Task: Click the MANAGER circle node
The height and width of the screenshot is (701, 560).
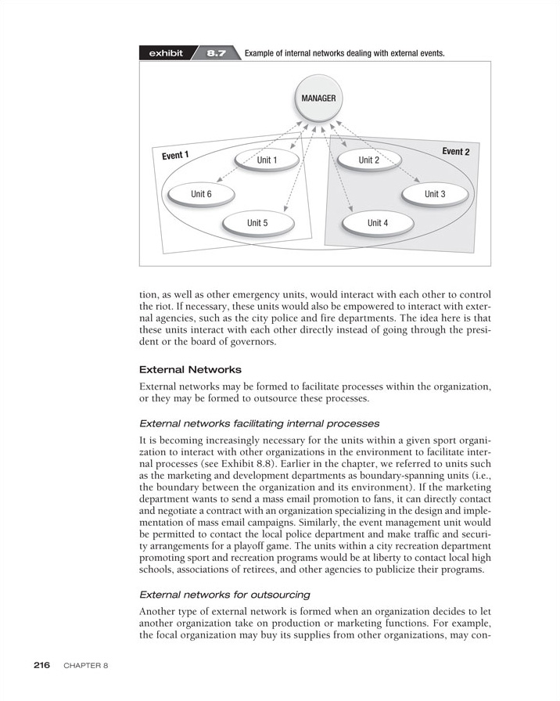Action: pyautogui.click(x=318, y=99)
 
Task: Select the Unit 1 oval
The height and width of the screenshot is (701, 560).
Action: pyautogui.click(x=267, y=160)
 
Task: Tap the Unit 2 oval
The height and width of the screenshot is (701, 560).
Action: pyautogui.click(x=369, y=160)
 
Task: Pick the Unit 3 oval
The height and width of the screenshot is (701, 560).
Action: pyautogui.click(x=435, y=193)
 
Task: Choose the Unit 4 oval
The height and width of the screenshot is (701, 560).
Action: pyautogui.click(x=378, y=223)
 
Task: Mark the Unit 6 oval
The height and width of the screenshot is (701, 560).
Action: pyautogui.click(x=201, y=194)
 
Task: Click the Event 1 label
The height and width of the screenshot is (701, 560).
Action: pyautogui.click(x=176, y=155)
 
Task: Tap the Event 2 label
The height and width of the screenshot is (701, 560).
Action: pyautogui.click(x=455, y=151)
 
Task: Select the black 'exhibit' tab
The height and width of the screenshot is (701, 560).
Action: pyautogui.click(x=165, y=54)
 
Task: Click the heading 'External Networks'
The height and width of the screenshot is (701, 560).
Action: pyautogui.click(x=190, y=369)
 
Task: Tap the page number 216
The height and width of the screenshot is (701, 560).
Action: pyautogui.click(x=41, y=665)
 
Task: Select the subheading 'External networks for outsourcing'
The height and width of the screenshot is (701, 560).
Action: pyautogui.click(x=224, y=595)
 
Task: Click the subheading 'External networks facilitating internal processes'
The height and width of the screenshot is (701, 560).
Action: pyautogui.click(x=259, y=423)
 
